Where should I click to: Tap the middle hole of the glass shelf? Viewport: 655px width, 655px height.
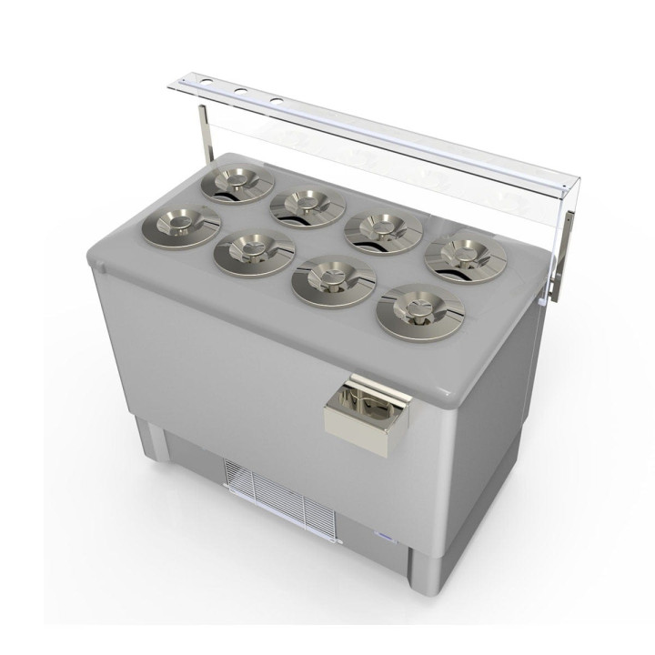pyautogui.click(x=241, y=91)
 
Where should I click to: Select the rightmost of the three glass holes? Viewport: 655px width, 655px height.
pyautogui.click(x=275, y=98)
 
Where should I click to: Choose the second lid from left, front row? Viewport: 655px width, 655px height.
pyautogui.click(x=254, y=249)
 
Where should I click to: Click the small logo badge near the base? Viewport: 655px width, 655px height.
pyautogui.click(x=381, y=539)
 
